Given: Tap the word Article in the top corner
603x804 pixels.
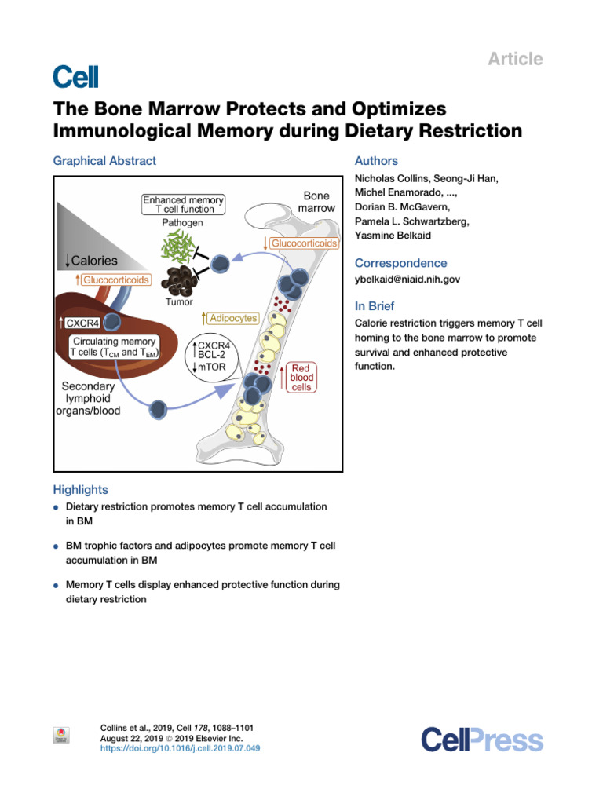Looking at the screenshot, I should [516, 59].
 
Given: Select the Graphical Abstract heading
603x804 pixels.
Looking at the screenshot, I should [104, 161].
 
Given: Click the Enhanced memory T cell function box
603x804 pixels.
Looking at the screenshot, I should [183, 205].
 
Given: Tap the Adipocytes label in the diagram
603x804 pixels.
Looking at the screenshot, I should [231, 319].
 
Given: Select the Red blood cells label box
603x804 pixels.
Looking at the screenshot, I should [301, 378].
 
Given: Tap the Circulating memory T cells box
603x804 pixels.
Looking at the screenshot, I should [115, 347].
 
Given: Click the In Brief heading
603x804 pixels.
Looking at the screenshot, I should [375, 306].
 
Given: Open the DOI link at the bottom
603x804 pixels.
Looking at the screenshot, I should [181, 748].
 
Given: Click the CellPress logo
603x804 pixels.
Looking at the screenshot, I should [481, 740].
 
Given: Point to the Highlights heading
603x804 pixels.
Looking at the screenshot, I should [80, 489].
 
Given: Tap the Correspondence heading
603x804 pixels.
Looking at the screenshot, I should [400, 263].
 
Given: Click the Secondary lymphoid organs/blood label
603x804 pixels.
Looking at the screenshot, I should [92, 398].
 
